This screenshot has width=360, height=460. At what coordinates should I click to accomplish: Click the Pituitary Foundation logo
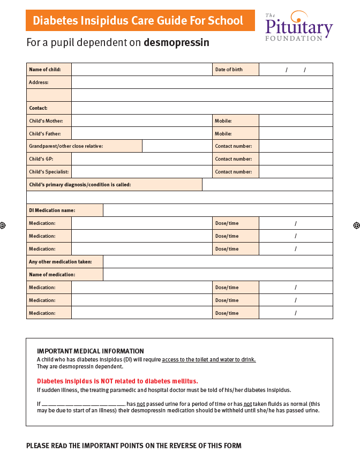pyautogui.click(x=298, y=26)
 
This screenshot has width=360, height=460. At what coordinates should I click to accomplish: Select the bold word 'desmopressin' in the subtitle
pyautogui.click(x=176, y=42)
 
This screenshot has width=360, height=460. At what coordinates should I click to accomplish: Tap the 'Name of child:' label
pyautogui.click(x=45, y=70)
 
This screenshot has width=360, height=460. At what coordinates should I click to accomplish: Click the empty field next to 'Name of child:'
pyautogui.click(x=141, y=70)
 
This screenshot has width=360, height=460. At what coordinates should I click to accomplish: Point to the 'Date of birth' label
pyautogui.click(x=229, y=70)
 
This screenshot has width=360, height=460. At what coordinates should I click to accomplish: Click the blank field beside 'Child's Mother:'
pyautogui.click(x=141, y=121)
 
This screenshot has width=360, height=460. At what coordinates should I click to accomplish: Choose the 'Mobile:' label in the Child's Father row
pyautogui.click(x=223, y=134)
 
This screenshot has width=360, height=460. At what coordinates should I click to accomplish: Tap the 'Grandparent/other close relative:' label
pyautogui.click(x=66, y=146)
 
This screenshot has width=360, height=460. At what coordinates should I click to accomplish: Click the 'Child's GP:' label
pyautogui.click(x=41, y=159)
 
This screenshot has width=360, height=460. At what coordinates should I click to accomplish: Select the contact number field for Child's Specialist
pyautogui.click(x=295, y=172)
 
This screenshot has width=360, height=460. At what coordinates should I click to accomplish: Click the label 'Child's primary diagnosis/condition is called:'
pyautogui.click(x=80, y=185)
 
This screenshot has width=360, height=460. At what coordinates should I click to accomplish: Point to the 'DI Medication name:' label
pyautogui.click(x=52, y=210)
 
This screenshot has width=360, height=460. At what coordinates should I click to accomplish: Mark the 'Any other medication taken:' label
pyautogui.click(x=60, y=262)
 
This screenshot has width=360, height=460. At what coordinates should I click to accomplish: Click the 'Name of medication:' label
pyautogui.click(x=52, y=275)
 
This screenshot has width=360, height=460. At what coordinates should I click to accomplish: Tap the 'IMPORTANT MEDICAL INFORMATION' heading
pyautogui.click(x=90, y=351)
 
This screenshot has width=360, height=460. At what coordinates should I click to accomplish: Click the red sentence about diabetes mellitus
pyautogui.click(x=117, y=381)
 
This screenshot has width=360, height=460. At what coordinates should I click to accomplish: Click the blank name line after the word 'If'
pyautogui.click(x=83, y=404)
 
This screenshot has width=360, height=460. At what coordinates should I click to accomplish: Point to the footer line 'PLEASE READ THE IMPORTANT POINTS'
pyautogui.click(x=134, y=446)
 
